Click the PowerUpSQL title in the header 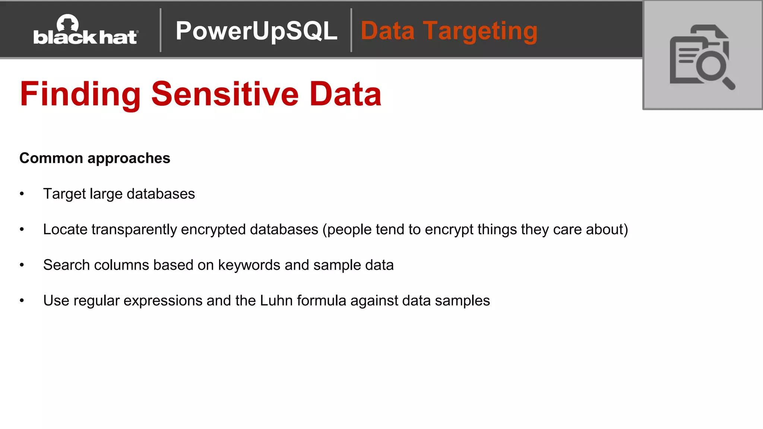pos(256,31)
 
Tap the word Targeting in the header pos(480,31)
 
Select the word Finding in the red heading pos(80,94)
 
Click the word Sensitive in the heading pos(225,94)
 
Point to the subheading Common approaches pos(95,158)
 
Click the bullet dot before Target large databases pos(22,194)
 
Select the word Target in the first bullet pos(64,194)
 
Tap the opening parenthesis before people pos(324,229)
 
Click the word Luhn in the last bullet pos(276,301)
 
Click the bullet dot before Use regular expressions pos(22,301)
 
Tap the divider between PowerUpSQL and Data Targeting pos(351,30)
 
